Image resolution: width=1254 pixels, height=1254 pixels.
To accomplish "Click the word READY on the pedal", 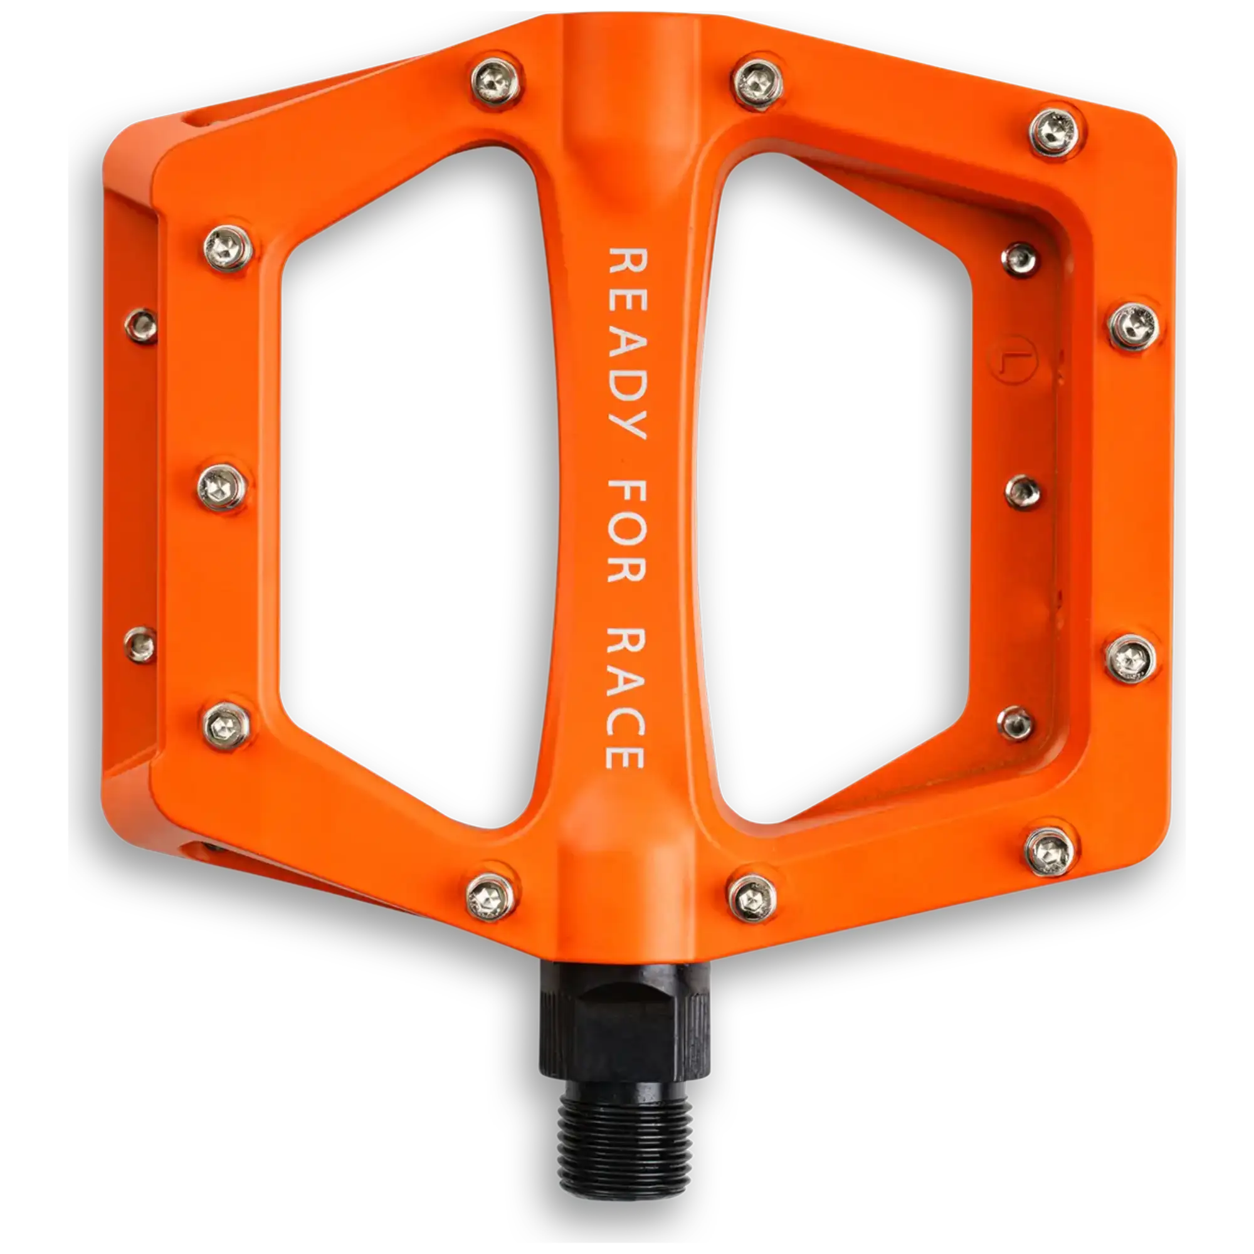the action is pyautogui.click(x=626, y=343).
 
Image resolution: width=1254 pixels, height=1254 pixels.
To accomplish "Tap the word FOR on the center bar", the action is pyautogui.click(x=626, y=530).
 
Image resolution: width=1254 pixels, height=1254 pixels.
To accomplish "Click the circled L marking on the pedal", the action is pyautogui.click(x=1013, y=357).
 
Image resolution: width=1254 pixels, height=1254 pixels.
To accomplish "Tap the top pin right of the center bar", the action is pyautogui.click(x=758, y=84).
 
